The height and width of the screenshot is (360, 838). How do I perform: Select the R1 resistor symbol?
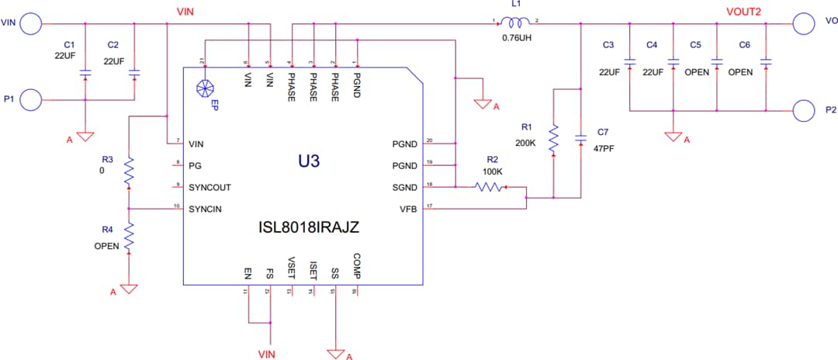[553, 140]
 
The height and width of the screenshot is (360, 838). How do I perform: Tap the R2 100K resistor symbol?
[490, 187]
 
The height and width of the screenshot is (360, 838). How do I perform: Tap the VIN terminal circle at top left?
[31, 23]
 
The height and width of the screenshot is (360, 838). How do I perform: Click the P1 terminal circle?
[31, 99]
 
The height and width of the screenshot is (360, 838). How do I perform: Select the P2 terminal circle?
[804, 110]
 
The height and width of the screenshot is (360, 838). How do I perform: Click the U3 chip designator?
[309, 161]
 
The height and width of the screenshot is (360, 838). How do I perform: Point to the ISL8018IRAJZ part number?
[309, 228]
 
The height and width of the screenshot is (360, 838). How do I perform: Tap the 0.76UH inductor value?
[516, 36]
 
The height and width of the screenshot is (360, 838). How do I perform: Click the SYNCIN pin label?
[205, 209]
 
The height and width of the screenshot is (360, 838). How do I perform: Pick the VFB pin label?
[407, 209]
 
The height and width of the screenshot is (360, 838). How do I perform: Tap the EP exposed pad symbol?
[205, 88]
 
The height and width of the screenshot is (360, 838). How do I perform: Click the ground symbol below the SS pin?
[335, 354]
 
